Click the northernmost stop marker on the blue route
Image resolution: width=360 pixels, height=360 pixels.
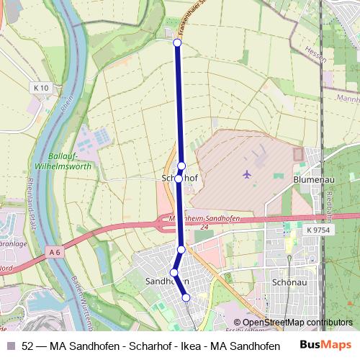177,42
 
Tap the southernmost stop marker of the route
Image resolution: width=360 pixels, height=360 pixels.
186,297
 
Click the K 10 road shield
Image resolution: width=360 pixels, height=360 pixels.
41,88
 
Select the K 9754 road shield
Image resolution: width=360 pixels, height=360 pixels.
317,229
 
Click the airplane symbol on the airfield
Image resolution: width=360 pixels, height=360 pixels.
247,174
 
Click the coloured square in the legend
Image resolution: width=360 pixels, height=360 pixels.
10,346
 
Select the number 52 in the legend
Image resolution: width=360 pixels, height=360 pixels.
28,346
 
